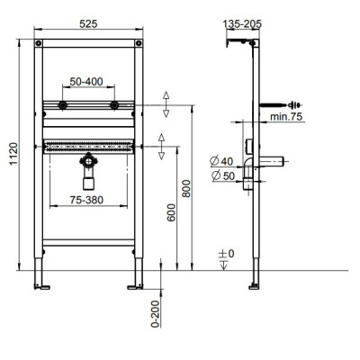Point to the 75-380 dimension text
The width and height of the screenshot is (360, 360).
coord(88,202)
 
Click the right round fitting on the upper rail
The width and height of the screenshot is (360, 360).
coord(114,106)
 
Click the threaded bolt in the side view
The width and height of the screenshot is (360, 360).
coord(271,105)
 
